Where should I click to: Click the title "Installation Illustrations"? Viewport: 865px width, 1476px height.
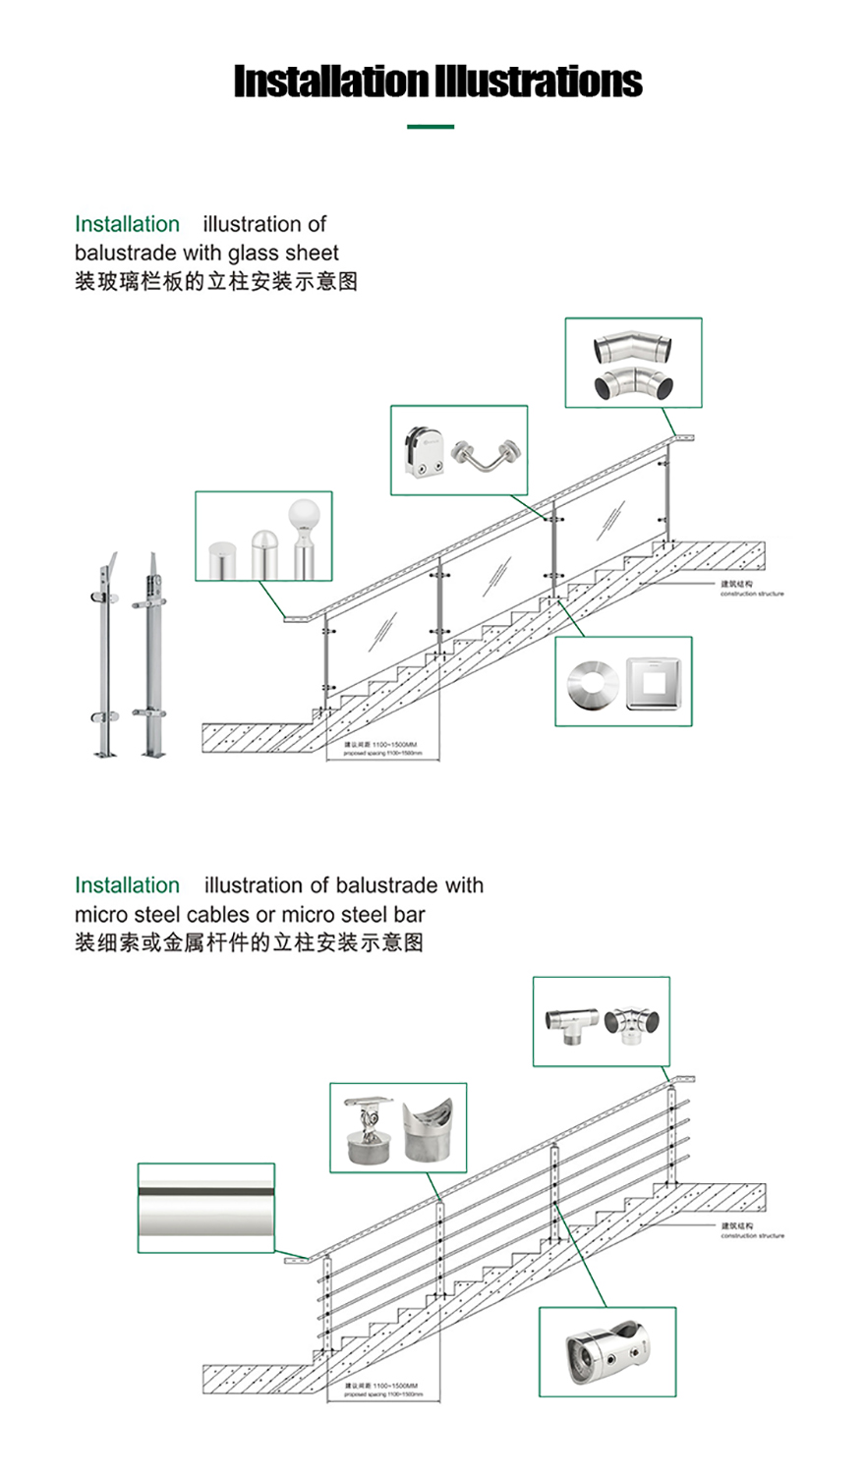tap(437, 81)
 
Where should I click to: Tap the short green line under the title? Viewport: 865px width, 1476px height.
tap(431, 127)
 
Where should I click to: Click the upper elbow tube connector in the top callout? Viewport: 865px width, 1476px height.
tap(633, 348)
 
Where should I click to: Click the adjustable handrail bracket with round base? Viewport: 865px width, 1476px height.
tap(369, 1131)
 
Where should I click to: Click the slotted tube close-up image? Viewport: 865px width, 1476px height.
tap(206, 1208)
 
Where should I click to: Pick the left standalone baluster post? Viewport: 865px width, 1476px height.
tap(104, 655)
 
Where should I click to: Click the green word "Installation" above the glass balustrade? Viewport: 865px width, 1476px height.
tap(127, 224)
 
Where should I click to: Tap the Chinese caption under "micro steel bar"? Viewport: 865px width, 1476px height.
tap(249, 942)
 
